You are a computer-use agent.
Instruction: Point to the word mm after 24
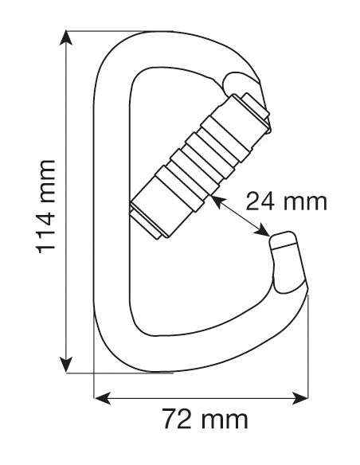pyautogui.click(x=307, y=200)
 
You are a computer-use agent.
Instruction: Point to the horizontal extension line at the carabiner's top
pyautogui.click(x=96, y=32)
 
